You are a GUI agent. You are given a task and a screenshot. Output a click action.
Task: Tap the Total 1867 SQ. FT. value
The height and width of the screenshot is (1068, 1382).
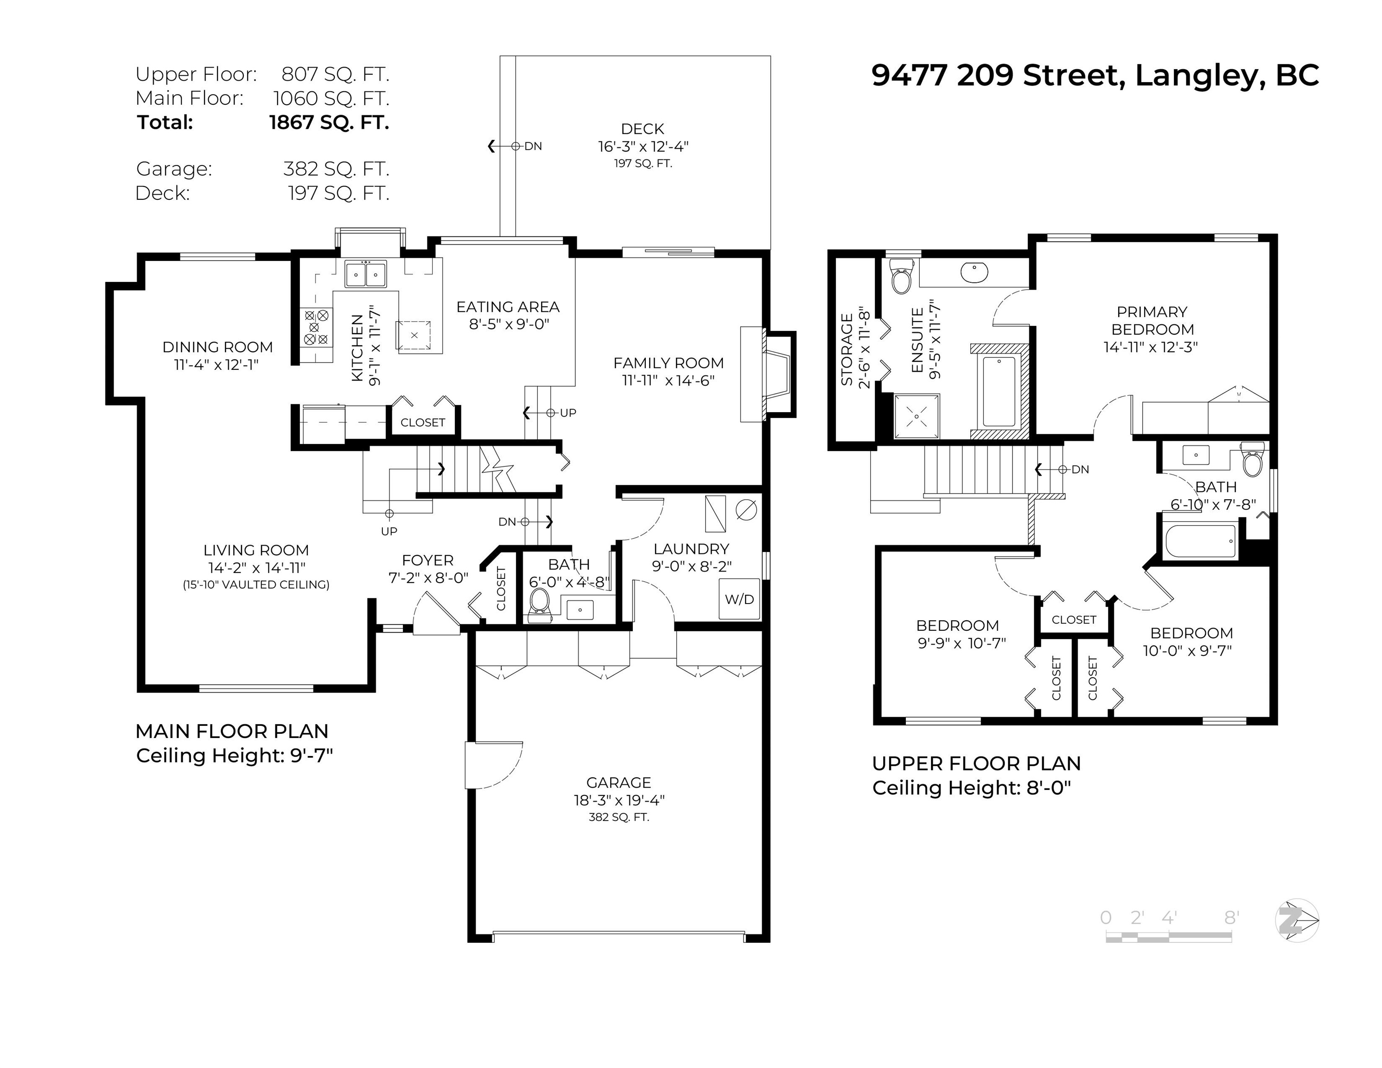329,121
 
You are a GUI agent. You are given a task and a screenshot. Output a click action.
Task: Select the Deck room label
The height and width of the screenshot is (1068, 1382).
642,128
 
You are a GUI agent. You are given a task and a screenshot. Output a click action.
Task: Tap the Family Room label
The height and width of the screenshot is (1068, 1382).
668,363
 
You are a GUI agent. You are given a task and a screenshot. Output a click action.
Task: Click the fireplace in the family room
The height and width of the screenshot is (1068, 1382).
768,374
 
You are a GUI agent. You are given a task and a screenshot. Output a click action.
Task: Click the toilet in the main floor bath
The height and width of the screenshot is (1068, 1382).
540,604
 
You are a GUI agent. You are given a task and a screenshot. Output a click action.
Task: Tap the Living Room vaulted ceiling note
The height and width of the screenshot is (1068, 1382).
256,585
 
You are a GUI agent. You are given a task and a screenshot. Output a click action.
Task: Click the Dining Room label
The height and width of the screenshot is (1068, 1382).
218,347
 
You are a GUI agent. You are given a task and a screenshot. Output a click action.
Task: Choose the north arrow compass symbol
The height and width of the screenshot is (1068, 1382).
1297,920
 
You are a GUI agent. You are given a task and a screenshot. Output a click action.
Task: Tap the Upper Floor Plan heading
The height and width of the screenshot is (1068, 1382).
976,763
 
